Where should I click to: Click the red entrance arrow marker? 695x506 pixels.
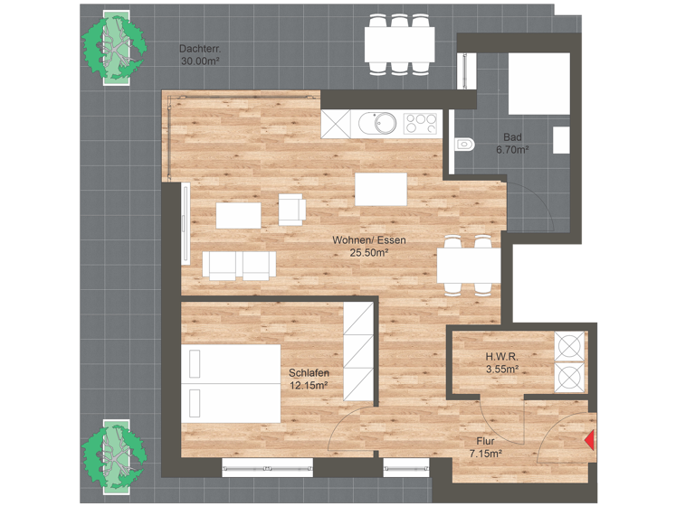pos(589,440)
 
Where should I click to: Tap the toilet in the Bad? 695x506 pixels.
pos(464,143)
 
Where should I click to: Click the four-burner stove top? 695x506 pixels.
pos(421,122)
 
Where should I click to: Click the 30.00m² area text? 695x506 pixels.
pos(200,61)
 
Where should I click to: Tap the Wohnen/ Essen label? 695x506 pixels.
pos(368,240)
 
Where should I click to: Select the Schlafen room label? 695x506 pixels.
pos(309,373)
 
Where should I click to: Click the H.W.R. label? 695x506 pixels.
pos(501,356)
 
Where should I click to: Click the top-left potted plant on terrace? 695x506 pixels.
pos(113,46)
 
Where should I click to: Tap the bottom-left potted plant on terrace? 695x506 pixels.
pos(113,453)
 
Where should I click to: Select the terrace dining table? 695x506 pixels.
pos(398,43)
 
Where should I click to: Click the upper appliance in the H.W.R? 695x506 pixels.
pos(570,347)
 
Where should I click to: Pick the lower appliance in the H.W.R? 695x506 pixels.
pos(570,377)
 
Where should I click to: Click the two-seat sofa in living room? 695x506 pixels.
pos(239,264)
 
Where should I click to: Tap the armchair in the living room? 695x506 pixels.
pos(291,209)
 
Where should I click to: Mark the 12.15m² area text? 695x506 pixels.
pos(309,386)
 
